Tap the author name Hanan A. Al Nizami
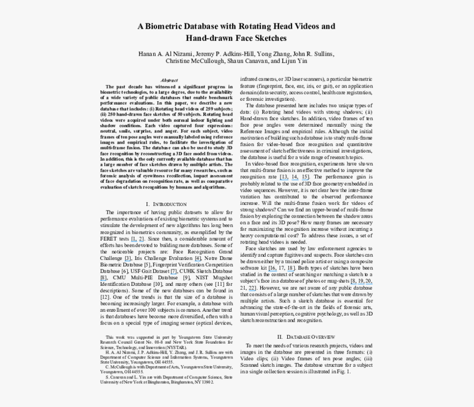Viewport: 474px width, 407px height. pyautogui.click(x=165, y=54)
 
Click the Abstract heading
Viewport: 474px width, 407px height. pyautogui.click(x=169, y=80)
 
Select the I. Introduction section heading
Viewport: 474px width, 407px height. pyautogui.click(x=166, y=204)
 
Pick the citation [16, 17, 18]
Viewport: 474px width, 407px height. pyautogui.click(x=290, y=267)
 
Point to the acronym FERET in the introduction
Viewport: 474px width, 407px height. pyautogui.click(x=112, y=238)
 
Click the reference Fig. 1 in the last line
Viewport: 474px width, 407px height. pyautogui.click(x=343, y=372)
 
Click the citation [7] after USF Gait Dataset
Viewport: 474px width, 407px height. pyautogui.click(x=174, y=272)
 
